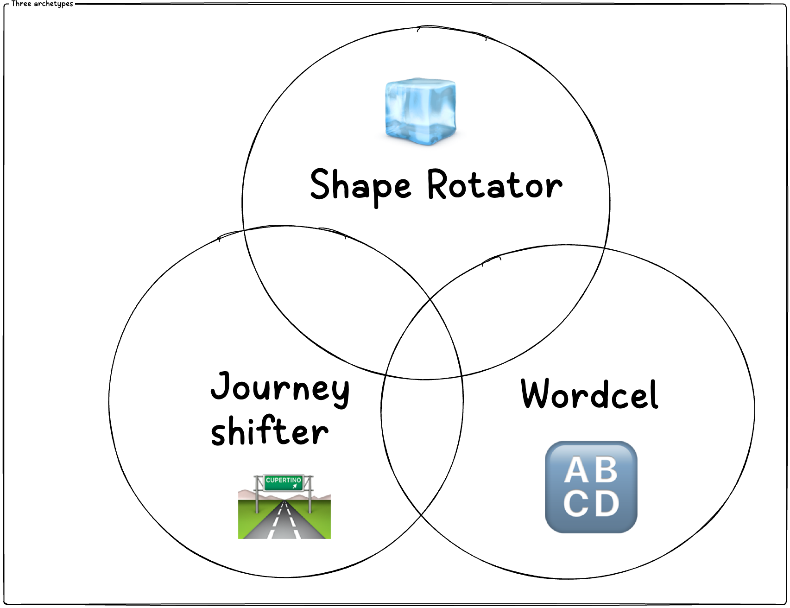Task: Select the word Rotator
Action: [494, 184]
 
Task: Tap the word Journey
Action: [280, 388]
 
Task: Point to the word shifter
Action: [270, 431]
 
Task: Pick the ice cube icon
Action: [420, 111]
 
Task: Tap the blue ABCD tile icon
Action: [591, 487]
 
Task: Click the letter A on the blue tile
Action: [576, 471]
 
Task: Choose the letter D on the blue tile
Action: [607, 504]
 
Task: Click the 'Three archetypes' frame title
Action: [42, 4]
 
